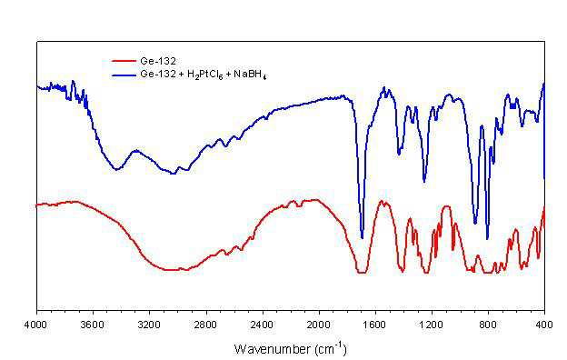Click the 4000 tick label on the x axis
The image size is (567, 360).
[35, 325]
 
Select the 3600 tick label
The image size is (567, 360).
[93, 325]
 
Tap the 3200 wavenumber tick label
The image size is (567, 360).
[149, 325]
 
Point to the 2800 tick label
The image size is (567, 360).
[206, 325]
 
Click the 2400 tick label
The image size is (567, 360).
[263, 325]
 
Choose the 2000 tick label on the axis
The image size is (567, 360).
[319, 325]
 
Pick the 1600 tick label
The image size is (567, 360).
[375, 325]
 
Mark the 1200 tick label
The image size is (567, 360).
[432, 325]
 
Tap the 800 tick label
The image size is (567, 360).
[488, 325]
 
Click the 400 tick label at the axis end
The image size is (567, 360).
[544, 325]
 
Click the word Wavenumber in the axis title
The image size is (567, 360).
[273, 349]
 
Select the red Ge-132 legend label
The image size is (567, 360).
[158, 61]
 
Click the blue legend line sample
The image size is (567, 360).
[124, 75]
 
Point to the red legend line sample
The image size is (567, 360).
[124, 61]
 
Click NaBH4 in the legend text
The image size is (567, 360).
[250, 75]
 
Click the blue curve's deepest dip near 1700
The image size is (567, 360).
[362, 237]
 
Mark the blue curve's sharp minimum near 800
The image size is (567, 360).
[487, 238]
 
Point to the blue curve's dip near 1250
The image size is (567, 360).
[424, 181]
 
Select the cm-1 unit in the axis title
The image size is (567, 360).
[331, 348]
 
